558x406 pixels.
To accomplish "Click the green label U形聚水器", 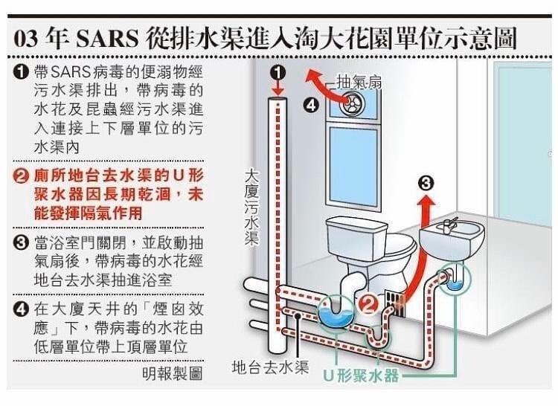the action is [362, 376].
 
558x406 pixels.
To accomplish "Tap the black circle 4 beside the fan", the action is [312, 105].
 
